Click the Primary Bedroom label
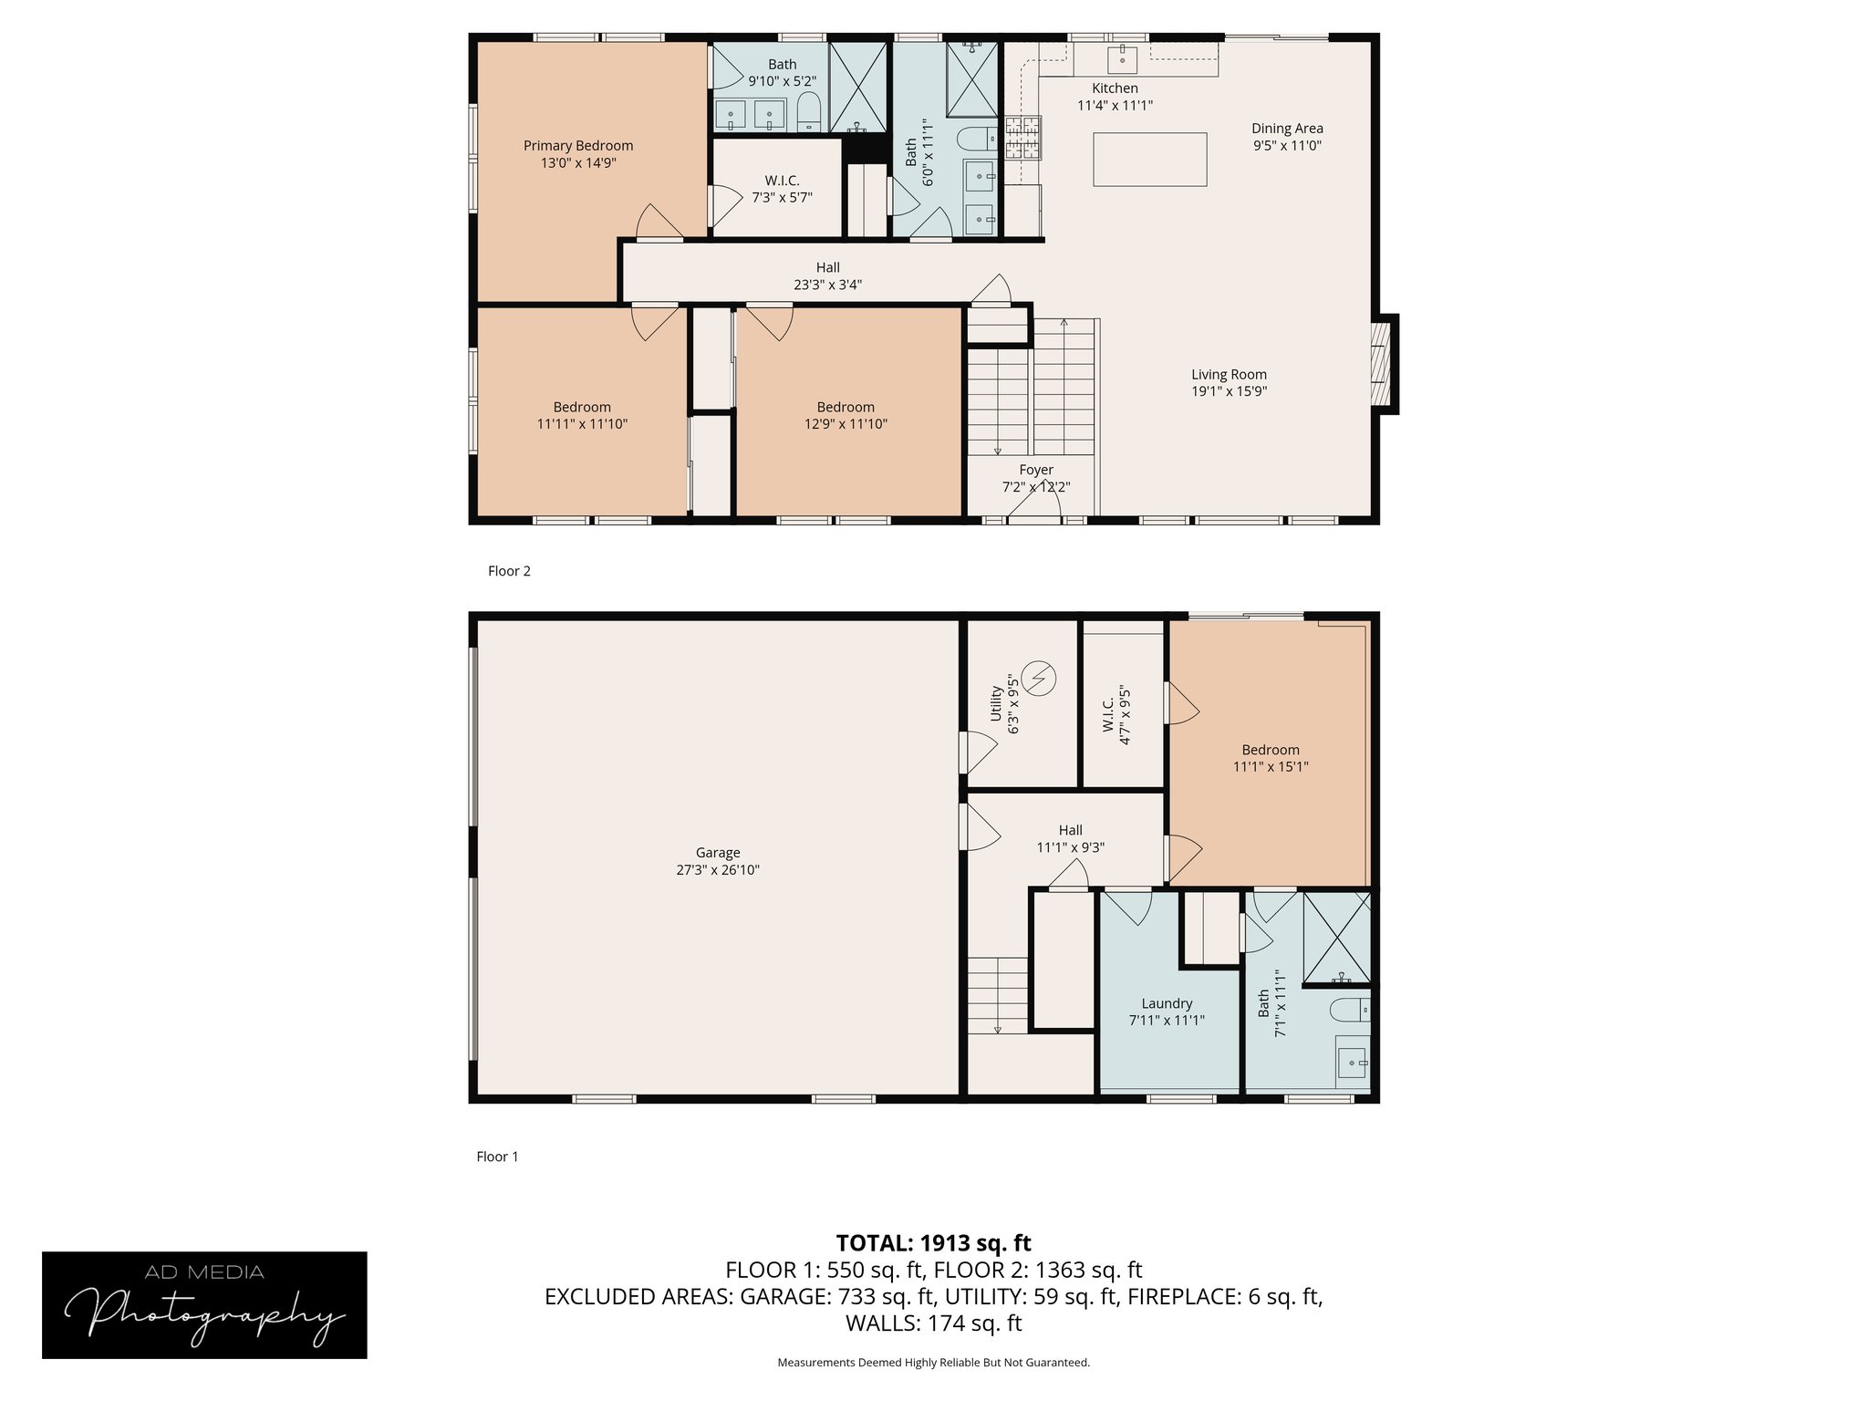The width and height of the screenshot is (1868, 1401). coord(578,146)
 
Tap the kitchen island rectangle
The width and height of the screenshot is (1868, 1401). coord(1149,160)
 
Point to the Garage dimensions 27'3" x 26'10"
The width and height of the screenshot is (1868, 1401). coord(718,870)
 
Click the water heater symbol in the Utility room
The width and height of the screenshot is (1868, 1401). coord(1040,679)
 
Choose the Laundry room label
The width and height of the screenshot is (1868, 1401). coord(1167,1003)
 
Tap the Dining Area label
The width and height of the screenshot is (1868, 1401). coord(1287,129)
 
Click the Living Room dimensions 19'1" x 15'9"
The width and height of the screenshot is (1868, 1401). coord(1229,391)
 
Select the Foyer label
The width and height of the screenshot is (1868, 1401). coord(1036,470)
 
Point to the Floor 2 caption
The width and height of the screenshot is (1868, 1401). coord(509,571)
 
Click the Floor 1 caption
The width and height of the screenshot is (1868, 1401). coord(497,1157)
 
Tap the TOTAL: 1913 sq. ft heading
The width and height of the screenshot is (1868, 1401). coord(934,1243)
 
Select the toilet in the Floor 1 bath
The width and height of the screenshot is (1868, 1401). coord(1351,1011)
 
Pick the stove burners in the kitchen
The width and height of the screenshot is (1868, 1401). coord(1023,138)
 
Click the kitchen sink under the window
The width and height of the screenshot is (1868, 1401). coord(1122,59)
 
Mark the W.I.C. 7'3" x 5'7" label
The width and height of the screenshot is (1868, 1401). coord(782,189)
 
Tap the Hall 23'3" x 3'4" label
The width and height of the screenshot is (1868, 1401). coord(827,276)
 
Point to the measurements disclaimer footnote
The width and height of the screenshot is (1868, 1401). coord(933,1363)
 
